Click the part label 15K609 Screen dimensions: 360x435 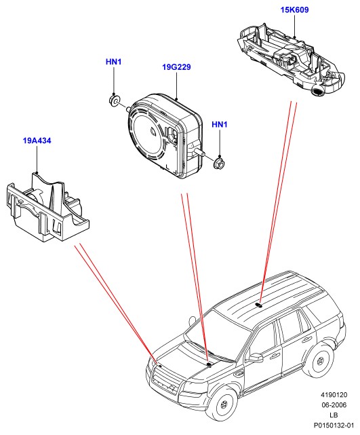(294, 10)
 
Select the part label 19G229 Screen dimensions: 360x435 (176, 67)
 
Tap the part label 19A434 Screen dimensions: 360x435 (37, 140)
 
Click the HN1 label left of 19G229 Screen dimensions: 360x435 (114, 62)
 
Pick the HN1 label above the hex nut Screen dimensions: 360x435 (220, 125)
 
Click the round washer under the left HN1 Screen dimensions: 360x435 (114, 100)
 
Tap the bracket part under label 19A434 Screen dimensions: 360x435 (47, 207)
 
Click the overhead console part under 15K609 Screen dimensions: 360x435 (291, 60)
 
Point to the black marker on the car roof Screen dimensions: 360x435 (259, 305)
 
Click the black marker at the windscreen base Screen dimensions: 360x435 (209, 365)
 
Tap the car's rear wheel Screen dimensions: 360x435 (321, 361)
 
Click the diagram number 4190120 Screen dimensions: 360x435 (334, 395)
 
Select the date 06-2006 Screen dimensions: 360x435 (334, 405)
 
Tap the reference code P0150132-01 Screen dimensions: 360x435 (334, 425)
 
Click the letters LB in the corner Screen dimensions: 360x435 (334, 415)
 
